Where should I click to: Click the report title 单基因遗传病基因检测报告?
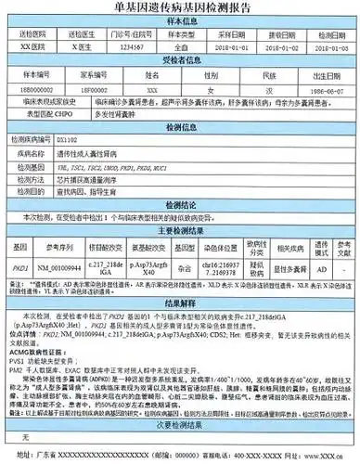point(180,8)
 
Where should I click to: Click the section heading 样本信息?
point(180,21)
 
